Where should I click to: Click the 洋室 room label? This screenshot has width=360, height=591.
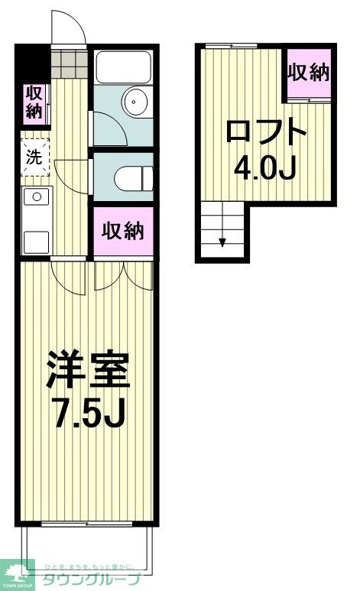click(88, 371)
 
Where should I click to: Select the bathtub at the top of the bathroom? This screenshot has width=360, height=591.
click(125, 67)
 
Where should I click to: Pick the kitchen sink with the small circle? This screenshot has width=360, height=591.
click(35, 197)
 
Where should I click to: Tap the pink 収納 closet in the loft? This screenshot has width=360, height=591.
click(309, 73)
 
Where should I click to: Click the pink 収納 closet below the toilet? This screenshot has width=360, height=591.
click(123, 232)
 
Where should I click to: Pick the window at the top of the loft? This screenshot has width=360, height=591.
click(231, 46)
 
